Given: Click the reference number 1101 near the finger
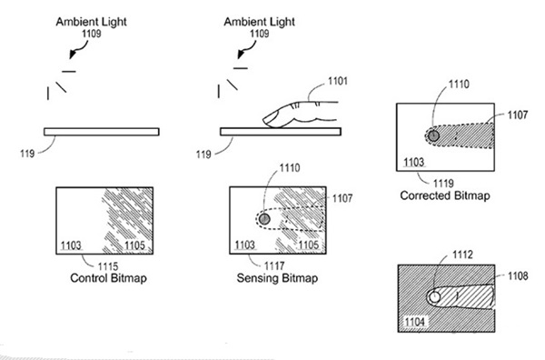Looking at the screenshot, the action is tap(338, 81).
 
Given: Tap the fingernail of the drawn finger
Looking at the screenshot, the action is tap(270, 118).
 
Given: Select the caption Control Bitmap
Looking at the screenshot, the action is tap(108, 278).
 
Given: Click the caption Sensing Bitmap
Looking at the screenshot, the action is tap(277, 278).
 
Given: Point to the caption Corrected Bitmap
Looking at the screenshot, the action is tap(445, 195).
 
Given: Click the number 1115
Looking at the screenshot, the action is tap(108, 266).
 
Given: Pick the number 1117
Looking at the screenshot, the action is tap(274, 266).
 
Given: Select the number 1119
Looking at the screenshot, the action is tap(443, 183).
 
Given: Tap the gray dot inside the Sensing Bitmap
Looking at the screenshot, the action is tap(264, 219).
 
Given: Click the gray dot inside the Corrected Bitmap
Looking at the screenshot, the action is tap(433, 135).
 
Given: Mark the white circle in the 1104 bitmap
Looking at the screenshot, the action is tap(434, 298).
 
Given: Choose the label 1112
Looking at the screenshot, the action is tap(462, 255).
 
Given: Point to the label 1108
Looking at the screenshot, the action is tap(518, 276).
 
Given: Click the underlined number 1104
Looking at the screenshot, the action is tap(415, 322).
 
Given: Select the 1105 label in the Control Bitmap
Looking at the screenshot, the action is tap(134, 245).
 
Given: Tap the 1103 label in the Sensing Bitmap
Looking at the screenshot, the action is tap(245, 245).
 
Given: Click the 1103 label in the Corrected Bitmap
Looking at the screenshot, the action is tap(414, 162).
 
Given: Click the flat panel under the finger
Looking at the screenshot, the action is tap(281, 132).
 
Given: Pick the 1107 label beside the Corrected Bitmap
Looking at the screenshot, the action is tap(518, 115).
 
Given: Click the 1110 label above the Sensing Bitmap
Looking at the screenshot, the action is tap(290, 168).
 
